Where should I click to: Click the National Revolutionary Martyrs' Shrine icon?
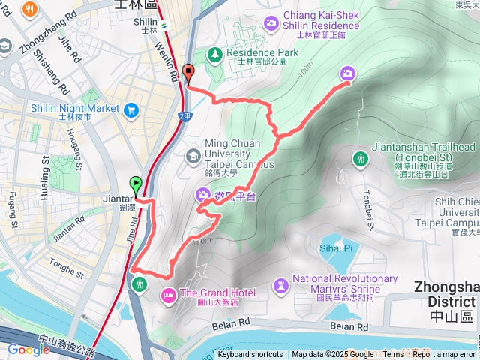[x=280, y=284]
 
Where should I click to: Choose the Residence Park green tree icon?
[x=215, y=54]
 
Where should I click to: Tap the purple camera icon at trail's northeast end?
[x=348, y=73]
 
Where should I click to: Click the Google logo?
[x=28, y=349]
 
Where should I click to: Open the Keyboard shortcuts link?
[x=250, y=355]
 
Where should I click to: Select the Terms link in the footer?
[x=393, y=355]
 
